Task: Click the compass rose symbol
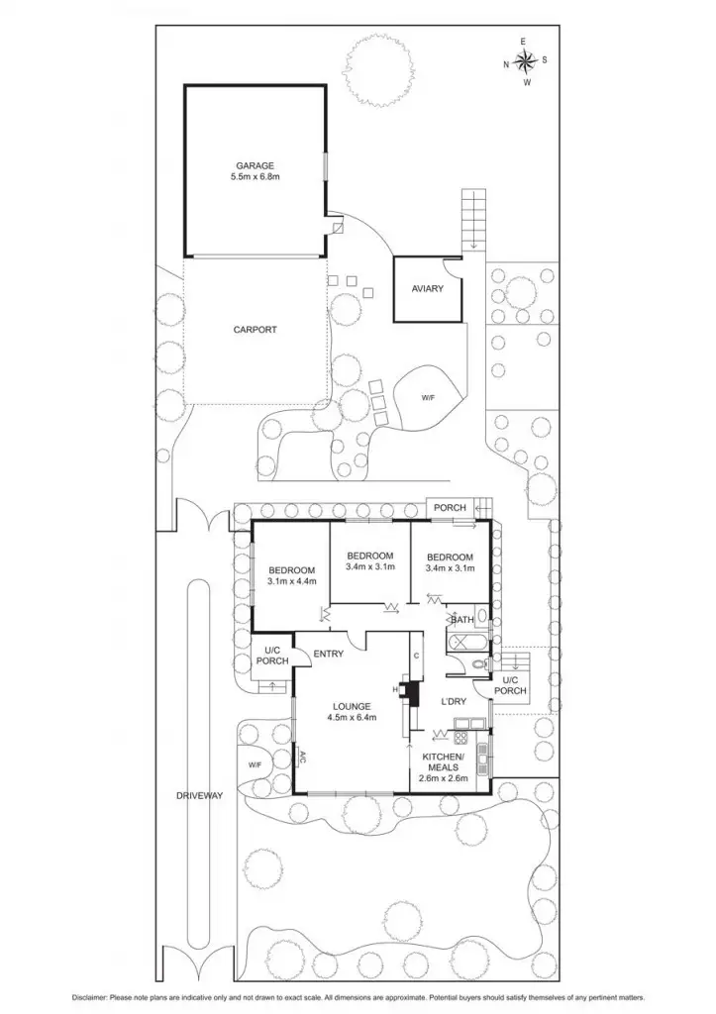pos(525,61)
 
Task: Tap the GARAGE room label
pos(255,165)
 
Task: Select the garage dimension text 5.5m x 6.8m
pos(255,177)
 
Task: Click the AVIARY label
pos(428,289)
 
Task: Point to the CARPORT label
pos(255,330)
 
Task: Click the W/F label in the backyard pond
pos(428,397)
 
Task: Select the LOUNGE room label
pos(352,705)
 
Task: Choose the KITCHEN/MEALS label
pos(450,761)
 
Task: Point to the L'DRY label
pos(454,702)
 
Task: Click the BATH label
pos(461,621)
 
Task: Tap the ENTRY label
pos(328,654)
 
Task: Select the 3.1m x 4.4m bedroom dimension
pos(291,582)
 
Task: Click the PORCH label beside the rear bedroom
pos(450,508)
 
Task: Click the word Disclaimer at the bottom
pos(92,995)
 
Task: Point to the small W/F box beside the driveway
pos(255,764)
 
